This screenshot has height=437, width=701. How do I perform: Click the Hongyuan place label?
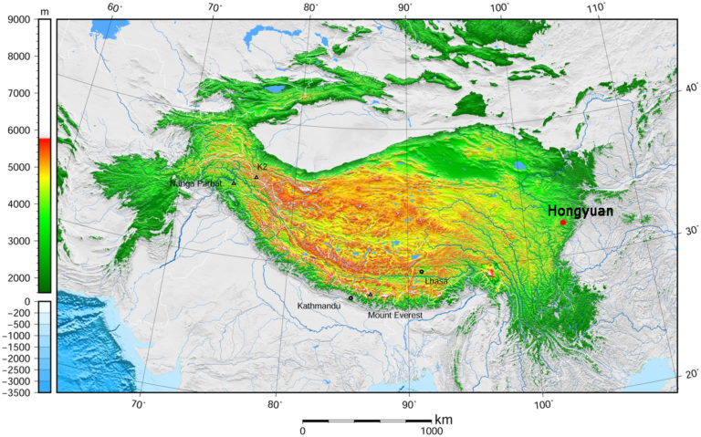(580, 211)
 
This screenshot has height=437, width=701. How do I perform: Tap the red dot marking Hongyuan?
(563, 223)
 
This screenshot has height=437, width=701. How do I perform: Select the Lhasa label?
(436, 281)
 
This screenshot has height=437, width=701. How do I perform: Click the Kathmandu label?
(319, 307)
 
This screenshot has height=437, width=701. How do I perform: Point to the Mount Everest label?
(396, 315)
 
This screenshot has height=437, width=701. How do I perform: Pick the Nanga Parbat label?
(195, 184)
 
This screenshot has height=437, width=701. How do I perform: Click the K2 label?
(262, 167)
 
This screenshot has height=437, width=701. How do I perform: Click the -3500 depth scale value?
(18, 393)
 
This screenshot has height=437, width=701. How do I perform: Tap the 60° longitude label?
(115, 8)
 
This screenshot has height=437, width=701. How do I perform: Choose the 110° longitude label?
(597, 8)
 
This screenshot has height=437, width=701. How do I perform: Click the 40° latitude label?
(691, 88)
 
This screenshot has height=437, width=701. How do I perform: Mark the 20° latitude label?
(691, 374)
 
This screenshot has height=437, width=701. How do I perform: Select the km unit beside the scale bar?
(444, 420)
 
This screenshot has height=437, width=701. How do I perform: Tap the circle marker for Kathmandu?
(350, 298)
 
